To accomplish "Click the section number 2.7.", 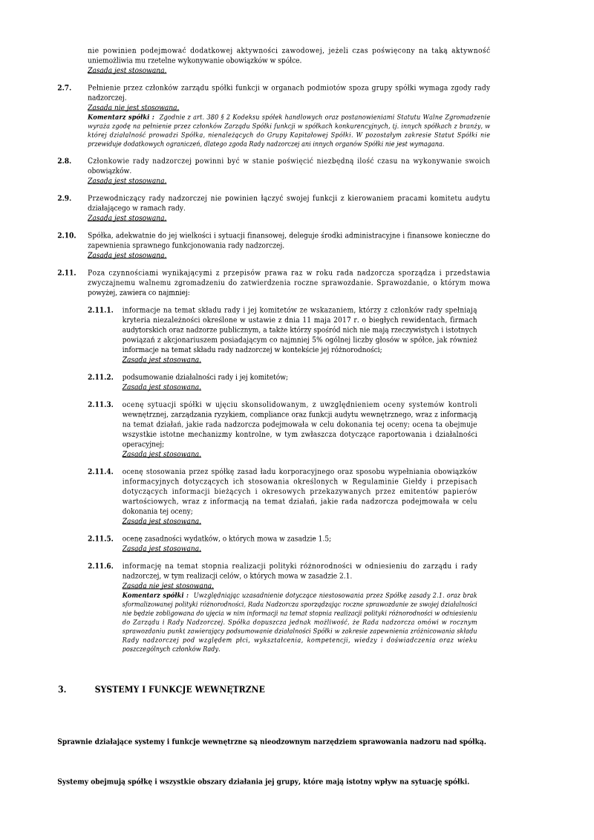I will click(x=64, y=88).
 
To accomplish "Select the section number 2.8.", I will click(x=64, y=160).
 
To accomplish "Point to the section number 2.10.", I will click(x=66, y=235).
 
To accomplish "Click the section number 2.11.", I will click(x=66, y=273).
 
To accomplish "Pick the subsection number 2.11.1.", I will click(x=100, y=309).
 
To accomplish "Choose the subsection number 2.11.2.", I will click(x=100, y=377).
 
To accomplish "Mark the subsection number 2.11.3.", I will click(x=100, y=404).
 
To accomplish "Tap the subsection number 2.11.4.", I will click(x=100, y=472).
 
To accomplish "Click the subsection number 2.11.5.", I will click(x=100, y=538).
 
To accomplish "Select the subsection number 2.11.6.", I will click(x=100, y=566).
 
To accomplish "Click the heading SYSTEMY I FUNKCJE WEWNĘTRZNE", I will click(x=179, y=689).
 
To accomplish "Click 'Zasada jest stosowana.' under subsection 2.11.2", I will click(x=161, y=387).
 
